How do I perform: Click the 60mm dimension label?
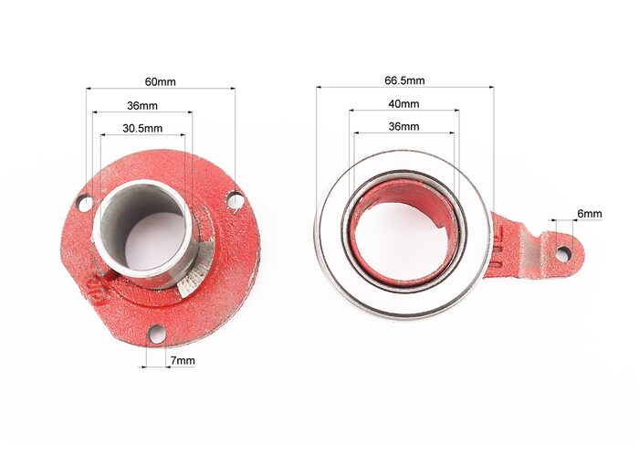point(160,81)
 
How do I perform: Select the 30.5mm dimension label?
point(142,129)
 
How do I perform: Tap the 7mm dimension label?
point(183,361)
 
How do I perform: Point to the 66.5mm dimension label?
point(404,80)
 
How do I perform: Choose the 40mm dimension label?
point(403,103)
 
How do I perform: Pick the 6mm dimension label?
point(590,213)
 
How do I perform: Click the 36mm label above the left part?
point(142,106)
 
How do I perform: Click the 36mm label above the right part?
point(403,126)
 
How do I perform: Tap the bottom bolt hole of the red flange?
point(156,335)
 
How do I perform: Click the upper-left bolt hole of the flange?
point(86,203)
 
